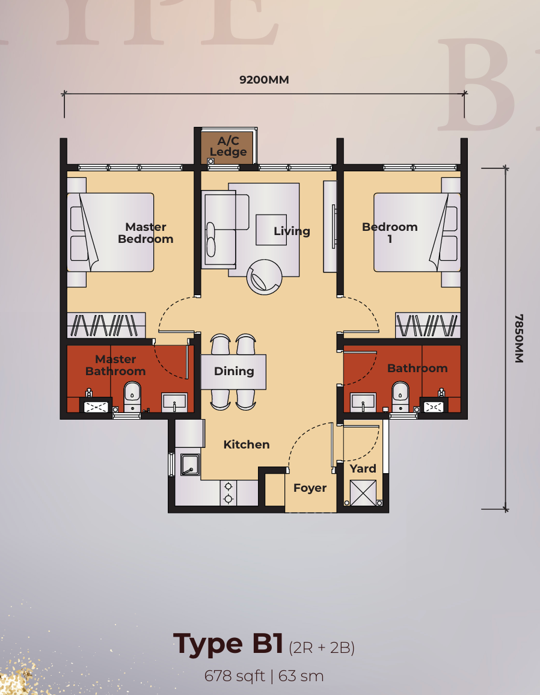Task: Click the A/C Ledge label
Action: pos(228,146)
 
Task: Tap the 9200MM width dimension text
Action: pos(264,80)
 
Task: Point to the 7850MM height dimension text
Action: pos(519,338)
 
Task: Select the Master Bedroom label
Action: pos(146,233)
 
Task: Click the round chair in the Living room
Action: pos(264,277)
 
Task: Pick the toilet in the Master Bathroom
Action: pos(132,397)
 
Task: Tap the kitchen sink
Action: pos(190,465)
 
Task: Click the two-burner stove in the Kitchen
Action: pos(229,493)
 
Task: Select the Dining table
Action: pos(234,372)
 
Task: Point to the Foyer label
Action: pos(310,488)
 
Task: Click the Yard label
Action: pos(363,468)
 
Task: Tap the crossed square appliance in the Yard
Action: pos(363,493)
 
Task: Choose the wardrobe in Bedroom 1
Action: pos(428,326)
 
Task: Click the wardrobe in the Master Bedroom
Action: pos(106,326)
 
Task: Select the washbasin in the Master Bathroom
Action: pos(174,402)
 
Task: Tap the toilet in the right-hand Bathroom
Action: pos(400,397)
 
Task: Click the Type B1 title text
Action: pos(228,643)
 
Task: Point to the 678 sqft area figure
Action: pos(235,676)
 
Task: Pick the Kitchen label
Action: pos(247,444)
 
